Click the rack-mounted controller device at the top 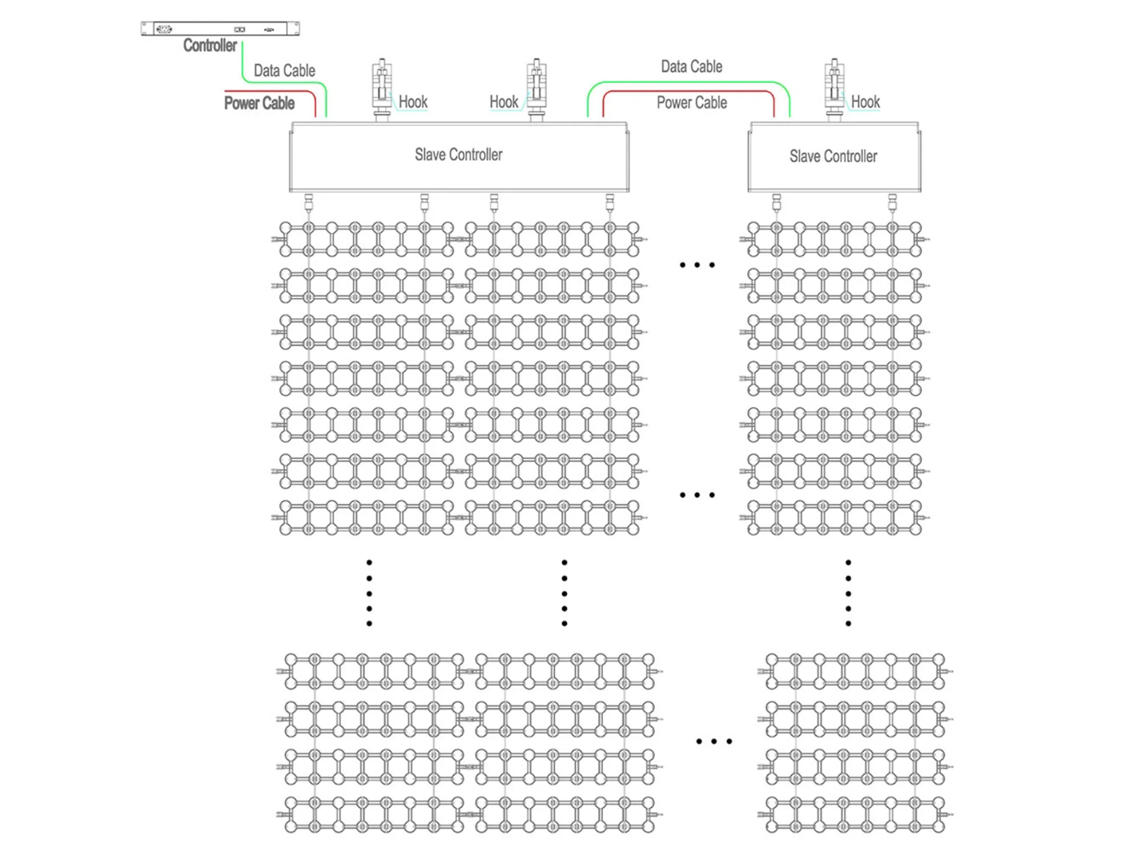220,29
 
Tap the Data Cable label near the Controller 285,71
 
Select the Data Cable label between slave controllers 691,66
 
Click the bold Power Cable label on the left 259,103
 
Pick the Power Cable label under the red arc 691,103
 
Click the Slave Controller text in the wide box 458,155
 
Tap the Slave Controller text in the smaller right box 833,156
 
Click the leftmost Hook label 413,102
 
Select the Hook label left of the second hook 503,102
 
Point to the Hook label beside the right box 865,102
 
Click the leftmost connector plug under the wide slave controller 309,203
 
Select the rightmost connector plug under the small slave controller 892,203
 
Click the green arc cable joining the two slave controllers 689,82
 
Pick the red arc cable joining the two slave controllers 689,92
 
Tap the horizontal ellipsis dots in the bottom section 713,741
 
